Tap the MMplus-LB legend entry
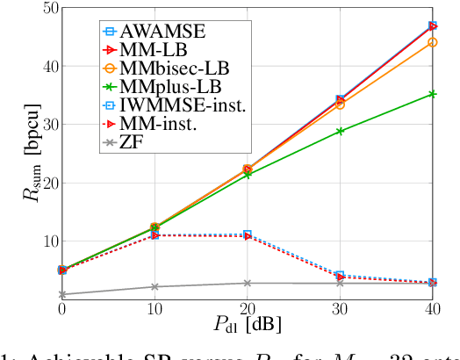coord(170,88)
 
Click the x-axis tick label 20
coord(248,312)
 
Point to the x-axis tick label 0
coord(61,312)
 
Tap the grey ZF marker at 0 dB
coord(61,295)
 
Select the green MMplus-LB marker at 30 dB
coord(340,132)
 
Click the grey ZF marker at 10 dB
coord(155,287)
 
